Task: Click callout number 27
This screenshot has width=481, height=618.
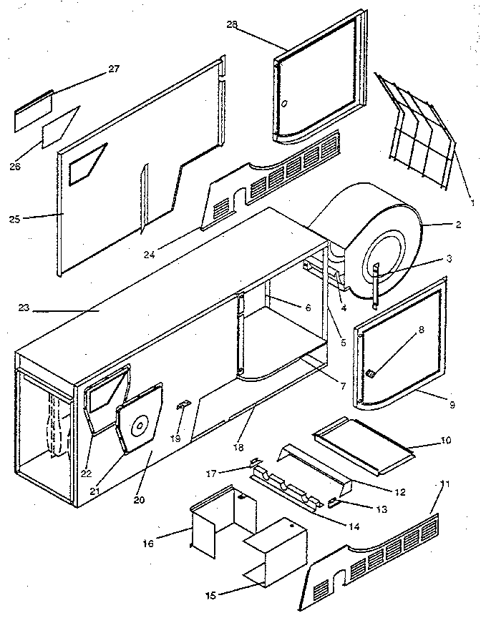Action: (x=113, y=69)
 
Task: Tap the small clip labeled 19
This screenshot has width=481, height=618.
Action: (x=183, y=406)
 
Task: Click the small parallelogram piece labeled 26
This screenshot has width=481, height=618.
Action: (x=61, y=129)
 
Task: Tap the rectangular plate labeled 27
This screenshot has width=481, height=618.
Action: (x=34, y=112)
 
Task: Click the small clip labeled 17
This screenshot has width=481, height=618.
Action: (x=253, y=462)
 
